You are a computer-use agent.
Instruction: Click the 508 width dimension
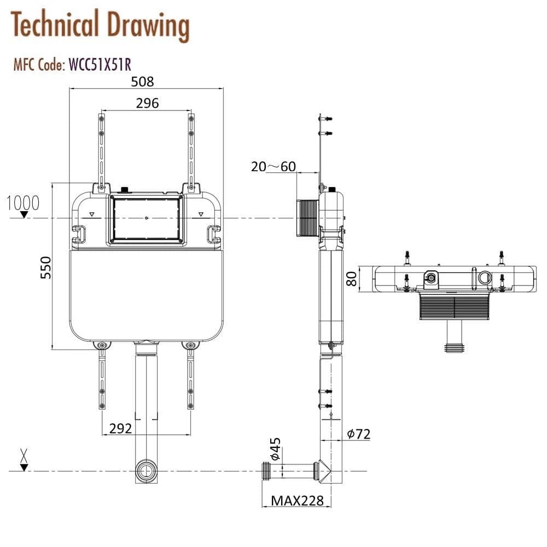click(x=143, y=82)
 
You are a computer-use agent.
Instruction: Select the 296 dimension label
click(x=147, y=103)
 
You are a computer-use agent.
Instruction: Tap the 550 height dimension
click(x=46, y=267)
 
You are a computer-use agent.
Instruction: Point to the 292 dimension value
click(x=120, y=428)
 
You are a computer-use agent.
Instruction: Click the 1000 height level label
click(x=23, y=203)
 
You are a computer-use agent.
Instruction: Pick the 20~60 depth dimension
click(x=273, y=166)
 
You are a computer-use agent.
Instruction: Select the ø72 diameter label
click(x=358, y=434)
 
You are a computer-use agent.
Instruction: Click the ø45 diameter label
click(x=275, y=449)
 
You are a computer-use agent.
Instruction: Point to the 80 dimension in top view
click(x=351, y=279)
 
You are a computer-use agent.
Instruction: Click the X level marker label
click(x=24, y=454)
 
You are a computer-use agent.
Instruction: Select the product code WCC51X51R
click(x=99, y=65)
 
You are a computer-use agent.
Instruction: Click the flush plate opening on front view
click(x=146, y=219)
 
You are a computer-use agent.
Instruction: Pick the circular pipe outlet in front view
click(x=146, y=471)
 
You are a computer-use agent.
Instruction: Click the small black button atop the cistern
click(x=124, y=190)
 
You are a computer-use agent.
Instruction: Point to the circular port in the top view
click(x=484, y=278)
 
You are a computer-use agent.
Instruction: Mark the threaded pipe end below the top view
click(x=455, y=347)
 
